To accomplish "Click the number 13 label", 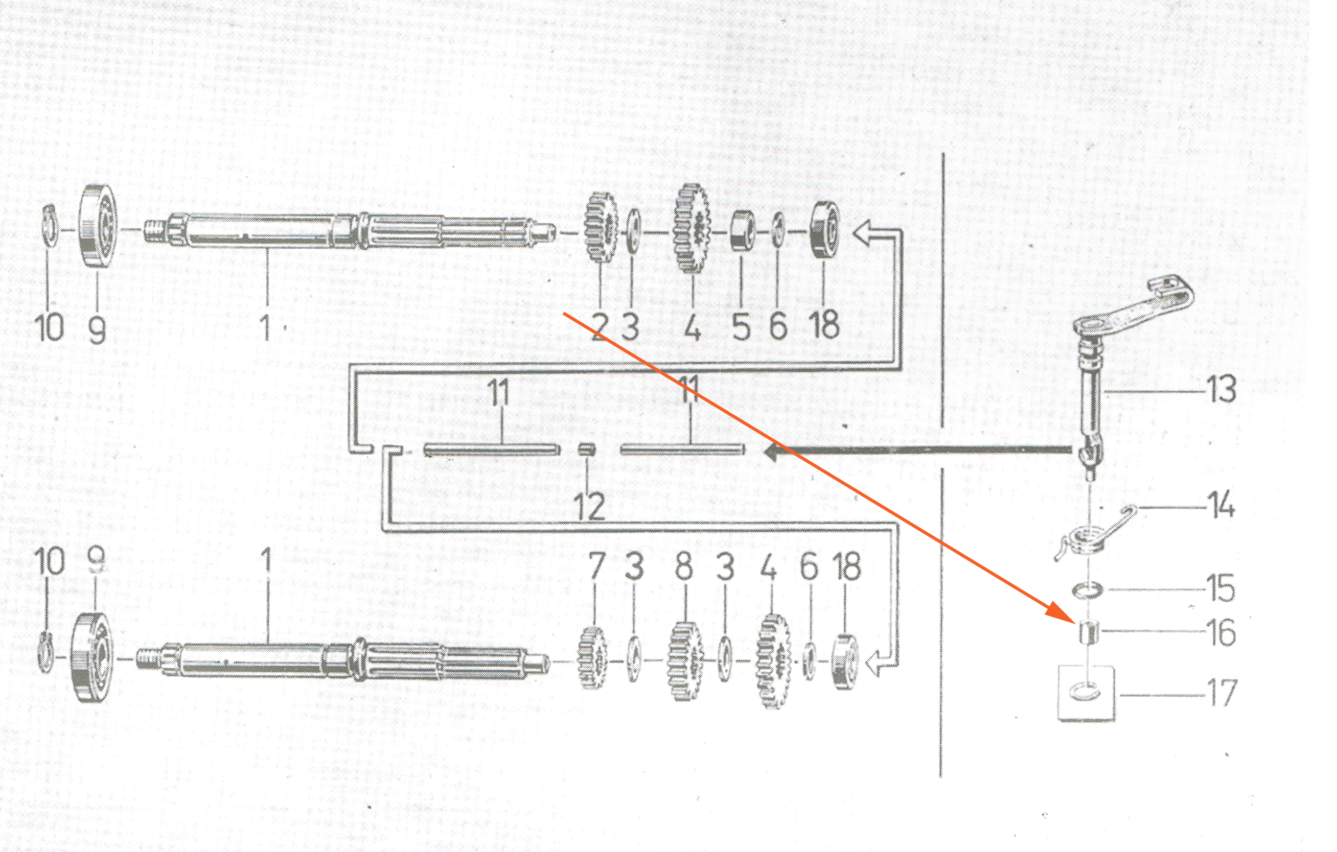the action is (x=1220, y=390).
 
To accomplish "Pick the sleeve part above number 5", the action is (x=741, y=230).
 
